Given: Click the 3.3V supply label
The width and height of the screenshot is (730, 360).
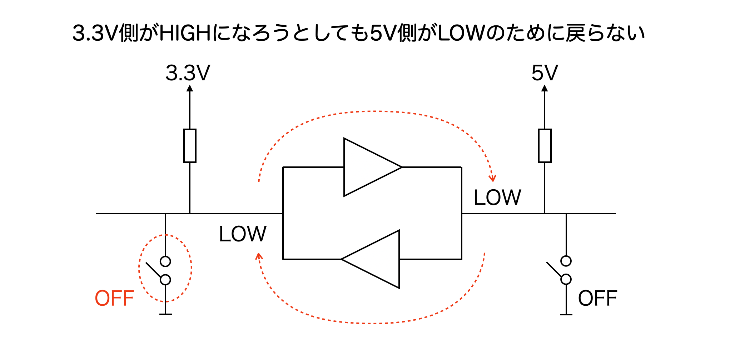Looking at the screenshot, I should [188, 73].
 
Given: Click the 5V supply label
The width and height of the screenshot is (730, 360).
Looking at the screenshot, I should [545, 73].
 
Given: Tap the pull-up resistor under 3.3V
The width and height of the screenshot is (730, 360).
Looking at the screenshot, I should [190, 146].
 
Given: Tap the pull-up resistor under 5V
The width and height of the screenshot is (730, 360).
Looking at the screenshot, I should [545, 146].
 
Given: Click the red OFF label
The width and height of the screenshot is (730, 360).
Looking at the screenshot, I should [114, 299].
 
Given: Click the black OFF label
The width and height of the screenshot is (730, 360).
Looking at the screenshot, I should [597, 299].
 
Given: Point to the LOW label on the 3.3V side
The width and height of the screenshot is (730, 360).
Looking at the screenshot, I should [243, 234].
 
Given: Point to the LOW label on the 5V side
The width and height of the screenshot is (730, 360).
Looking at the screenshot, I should [497, 197].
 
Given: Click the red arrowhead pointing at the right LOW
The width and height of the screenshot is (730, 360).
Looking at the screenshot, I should [493, 178].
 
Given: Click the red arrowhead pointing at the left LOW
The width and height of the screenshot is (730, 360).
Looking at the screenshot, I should [259, 256].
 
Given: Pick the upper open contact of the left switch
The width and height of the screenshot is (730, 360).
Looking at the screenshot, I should [165, 261].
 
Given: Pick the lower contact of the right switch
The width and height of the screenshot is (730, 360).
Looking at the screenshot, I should [566, 279].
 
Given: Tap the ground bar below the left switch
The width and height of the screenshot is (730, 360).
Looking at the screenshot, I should [165, 314].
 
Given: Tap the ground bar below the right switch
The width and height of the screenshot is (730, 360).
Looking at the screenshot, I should [566, 315].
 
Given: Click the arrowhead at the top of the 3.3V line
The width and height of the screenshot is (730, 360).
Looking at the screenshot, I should [190, 88].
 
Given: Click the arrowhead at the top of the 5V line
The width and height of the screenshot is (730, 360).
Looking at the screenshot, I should [545, 88].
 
